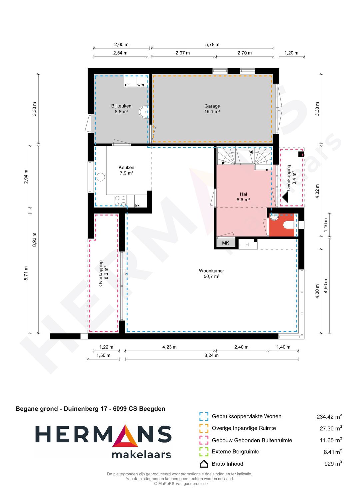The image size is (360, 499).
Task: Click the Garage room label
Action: point(212,109)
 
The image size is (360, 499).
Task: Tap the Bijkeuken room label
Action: point(121,109)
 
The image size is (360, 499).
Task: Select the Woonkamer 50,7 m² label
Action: point(211,273)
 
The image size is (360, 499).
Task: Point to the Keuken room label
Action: point(126,170)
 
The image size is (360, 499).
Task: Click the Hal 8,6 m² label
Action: point(243,197)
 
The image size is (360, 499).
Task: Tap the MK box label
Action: point(226,243)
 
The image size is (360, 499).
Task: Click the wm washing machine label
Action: point(140,85)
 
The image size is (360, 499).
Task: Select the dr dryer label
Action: point(127,85)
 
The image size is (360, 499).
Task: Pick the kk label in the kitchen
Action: point(137,206)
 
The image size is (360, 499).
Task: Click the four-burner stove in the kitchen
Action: point(120,201)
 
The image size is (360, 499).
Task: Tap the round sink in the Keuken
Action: point(100,177)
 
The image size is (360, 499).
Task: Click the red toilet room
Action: point(282,225)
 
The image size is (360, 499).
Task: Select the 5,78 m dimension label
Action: point(212,45)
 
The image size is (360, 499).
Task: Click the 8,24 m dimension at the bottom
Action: point(212,355)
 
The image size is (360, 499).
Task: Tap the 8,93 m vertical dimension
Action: point(34,240)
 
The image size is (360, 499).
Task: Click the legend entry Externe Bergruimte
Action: point(235,452)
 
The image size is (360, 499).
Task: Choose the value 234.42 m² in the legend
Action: point(329,416)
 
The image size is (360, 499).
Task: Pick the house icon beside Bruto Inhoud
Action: point(204,464)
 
